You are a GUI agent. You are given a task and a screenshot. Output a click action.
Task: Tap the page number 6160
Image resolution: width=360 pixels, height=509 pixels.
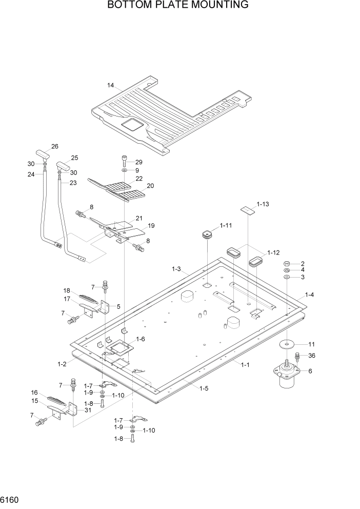(x=12, y=499)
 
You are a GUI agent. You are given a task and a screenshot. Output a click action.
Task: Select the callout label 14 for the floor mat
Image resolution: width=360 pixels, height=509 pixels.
(x=110, y=85)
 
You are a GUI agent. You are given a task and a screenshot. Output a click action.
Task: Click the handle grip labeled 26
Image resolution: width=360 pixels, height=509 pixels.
(x=42, y=154)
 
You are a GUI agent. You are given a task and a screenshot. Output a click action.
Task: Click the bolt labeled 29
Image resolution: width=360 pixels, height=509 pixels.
(x=125, y=160)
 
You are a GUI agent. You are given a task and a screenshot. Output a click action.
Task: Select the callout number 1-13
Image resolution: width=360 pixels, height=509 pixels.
(x=263, y=204)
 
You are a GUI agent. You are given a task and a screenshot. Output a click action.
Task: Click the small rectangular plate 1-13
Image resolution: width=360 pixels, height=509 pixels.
(x=248, y=210)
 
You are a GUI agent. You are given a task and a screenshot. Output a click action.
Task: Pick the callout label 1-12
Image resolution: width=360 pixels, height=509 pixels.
(x=273, y=252)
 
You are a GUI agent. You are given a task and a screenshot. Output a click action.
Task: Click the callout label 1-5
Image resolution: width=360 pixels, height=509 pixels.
(x=203, y=388)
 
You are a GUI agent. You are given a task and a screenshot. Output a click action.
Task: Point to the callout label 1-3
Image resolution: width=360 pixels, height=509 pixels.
(x=176, y=268)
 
